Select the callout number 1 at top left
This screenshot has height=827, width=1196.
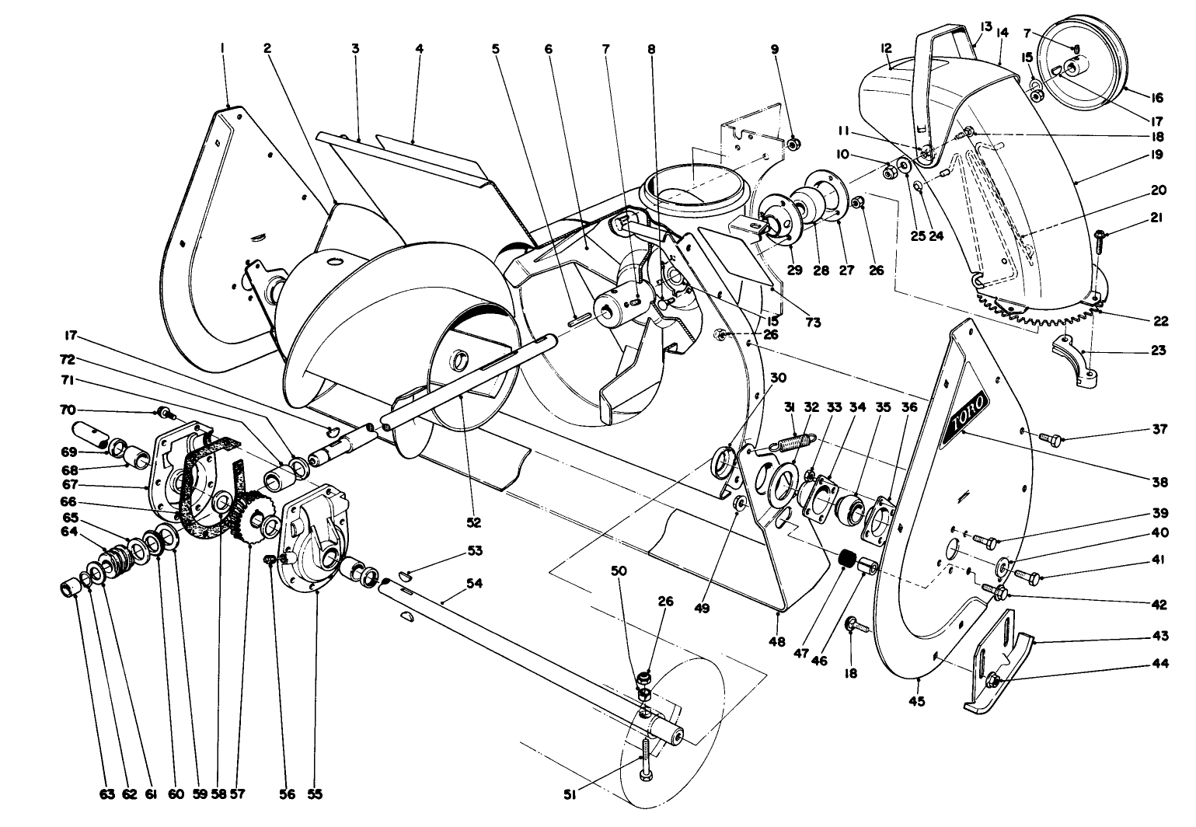click(223, 48)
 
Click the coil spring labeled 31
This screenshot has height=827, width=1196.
click(790, 445)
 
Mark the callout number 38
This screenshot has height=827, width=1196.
click(1160, 482)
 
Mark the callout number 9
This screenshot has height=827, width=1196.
click(774, 48)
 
